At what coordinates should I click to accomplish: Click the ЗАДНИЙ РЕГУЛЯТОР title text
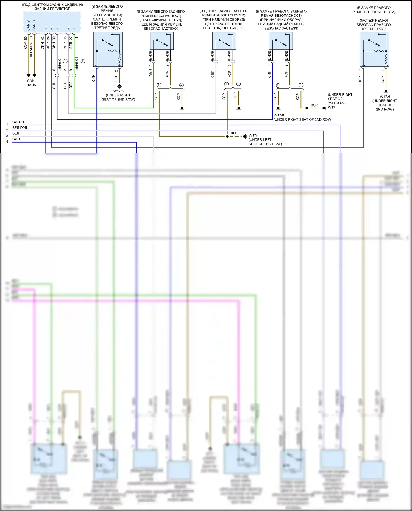tap(52, 9)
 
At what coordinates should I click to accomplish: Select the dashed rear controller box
tap(52, 22)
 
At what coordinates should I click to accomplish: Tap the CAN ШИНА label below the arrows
tap(31, 83)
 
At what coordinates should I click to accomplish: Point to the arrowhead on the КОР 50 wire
tap(29, 76)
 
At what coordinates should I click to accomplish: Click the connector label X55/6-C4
tap(60, 64)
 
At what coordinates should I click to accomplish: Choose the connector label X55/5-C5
tap(77, 64)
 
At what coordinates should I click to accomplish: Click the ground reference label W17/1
tap(254, 135)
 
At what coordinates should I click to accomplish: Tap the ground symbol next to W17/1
tap(245, 136)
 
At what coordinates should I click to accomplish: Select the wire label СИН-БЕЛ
tap(20, 122)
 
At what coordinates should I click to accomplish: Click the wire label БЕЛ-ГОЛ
tap(20, 128)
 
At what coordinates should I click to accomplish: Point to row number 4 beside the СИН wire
tap(7, 142)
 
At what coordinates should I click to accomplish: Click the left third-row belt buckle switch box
tap(108, 49)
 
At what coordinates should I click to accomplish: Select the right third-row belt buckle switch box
tap(374, 49)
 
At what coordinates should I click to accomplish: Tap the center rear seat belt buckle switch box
tap(224, 41)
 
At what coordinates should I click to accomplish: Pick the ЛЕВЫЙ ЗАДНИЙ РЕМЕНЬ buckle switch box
tap(162, 41)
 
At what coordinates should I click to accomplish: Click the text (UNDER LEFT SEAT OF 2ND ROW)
tap(265, 142)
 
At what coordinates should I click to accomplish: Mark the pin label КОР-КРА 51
tap(31, 46)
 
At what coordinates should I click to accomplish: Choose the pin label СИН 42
tap(43, 43)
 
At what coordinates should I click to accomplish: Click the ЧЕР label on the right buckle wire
tap(360, 80)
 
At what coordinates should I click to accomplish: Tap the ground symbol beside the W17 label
tap(325, 108)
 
